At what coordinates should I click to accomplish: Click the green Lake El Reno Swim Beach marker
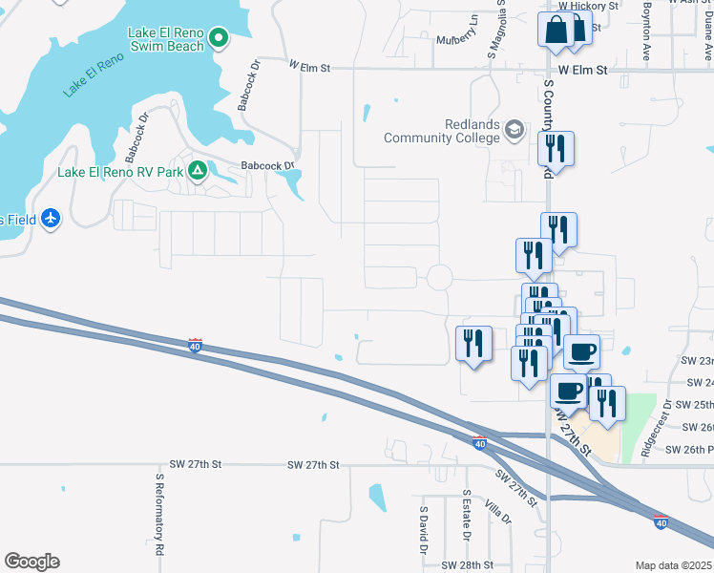point(219,39)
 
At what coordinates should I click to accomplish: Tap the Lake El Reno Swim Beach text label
point(166,40)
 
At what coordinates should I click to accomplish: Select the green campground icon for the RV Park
point(198,172)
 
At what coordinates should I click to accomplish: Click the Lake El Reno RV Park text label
point(119,173)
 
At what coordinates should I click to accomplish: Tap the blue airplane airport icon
point(51,220)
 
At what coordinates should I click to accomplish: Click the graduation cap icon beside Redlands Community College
point(514,129)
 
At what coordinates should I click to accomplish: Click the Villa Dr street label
point(498,511)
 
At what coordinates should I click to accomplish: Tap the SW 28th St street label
point(461,565)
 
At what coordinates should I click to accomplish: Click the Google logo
point(31,562)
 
